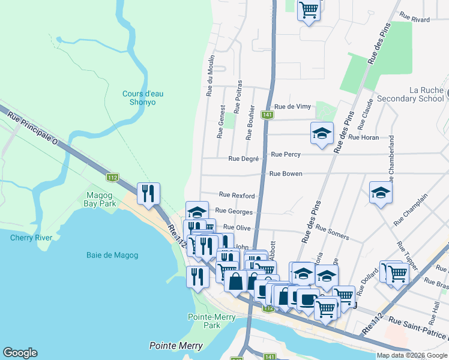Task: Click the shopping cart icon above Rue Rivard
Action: click(309, 10)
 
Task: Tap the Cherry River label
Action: click(31, 238)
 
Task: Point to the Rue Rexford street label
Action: click(237, 195)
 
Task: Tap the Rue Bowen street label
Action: click(286, 173)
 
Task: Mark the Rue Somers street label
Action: click(332, 233)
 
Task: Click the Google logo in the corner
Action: click(20, 353)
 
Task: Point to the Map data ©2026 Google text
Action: click(411, 355)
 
